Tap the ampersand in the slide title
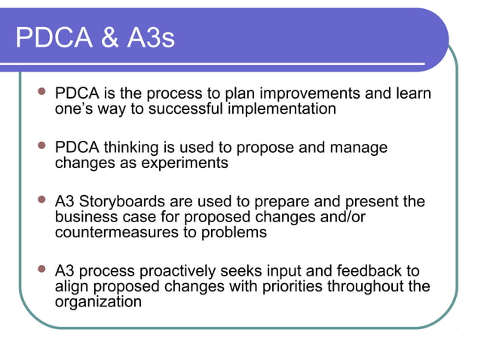point(104,38)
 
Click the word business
point(85,217)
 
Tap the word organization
point(98,301)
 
